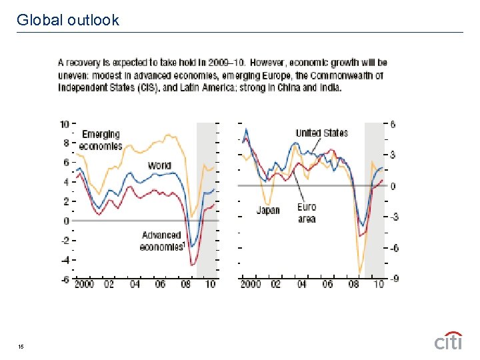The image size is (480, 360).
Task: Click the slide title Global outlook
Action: pyautogui.click(x=68, y=20)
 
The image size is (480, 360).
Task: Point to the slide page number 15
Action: pyautogui.click(x=22, y=346)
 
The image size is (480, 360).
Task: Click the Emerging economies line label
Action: pyautogui.click(x=101, y=140)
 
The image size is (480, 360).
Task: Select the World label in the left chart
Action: pyautogui.click(x=159, y=165)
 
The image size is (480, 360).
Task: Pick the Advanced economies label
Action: pyautogui.click(x=161, y=241)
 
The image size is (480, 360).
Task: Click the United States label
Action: pyautogui.click(x=321, y=133)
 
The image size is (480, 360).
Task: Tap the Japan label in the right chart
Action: pyautogui.click(x=268, y=210)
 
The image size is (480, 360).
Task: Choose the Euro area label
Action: pyautogui.click(x=307, y=213)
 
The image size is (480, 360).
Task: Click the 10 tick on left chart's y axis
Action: pyautogui.click(x=65, y=124)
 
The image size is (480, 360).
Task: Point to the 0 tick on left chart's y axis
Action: pyautogui.click(x=66, y=221)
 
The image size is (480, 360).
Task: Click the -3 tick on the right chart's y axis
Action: pyautogui.click(x=393, y=217)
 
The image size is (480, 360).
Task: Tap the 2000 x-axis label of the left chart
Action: pyautogui.click(x=85, y=284)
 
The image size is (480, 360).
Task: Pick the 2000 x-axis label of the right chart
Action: pyautogui.click(x=251, y=284)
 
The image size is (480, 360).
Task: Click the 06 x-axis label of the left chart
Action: pyautogui.click(x=160, y=284)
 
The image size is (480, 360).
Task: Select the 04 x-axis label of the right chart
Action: pyautogui.click(x=301, y=284)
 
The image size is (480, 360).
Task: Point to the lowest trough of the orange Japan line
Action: pyautogui.click(x=360, y=273)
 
